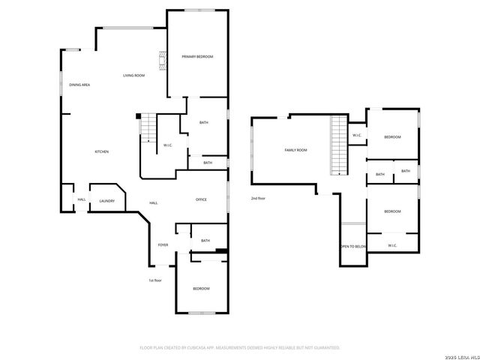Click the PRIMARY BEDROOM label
[197, 57]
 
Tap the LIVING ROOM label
[134, 76]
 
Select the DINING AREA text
[79, 85]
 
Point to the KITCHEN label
[101, 151]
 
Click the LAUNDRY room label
[106, 200]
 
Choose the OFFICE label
[201, 199]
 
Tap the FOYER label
[163, 245]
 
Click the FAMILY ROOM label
[295, 150]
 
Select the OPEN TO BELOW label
[353, 246]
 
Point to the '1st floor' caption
[155, 280]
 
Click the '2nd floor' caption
[259, 198]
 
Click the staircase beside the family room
[340, 146]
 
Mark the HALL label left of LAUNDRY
[82, 199]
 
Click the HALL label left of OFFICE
[153, 202]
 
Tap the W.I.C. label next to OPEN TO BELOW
[392, 245]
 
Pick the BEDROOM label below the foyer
[200, 289]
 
